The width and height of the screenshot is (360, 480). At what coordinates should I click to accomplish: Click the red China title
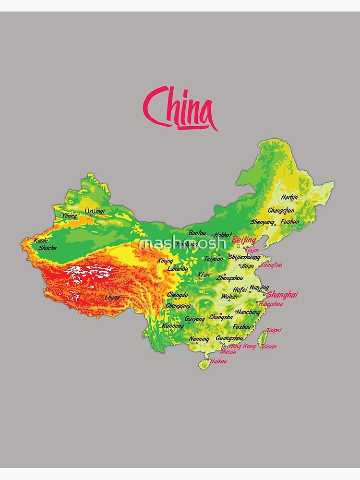pyautogui.click(x=180, y=108)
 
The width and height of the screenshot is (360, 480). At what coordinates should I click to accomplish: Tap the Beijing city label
pyautogui.click(x=244, y=240)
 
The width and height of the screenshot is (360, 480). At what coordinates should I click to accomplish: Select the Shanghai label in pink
pyautogui.click(x=282, y=295)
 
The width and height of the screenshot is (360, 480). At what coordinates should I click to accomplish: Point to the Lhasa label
pyautogui.click(x=112, y=298)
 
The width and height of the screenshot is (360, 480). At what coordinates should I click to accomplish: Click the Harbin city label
pyautogui.click(x=289, y=197)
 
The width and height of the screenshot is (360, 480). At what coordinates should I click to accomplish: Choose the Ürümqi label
pyautogui.click(x=95, y=211)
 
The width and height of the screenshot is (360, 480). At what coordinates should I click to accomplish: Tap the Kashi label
pyautogui.click(x=41, y=240)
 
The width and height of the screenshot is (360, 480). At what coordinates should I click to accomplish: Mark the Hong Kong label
pyautogui.click(x=242, y=346)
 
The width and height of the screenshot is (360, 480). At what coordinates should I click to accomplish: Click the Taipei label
pyautogui.click(x=274, y=330)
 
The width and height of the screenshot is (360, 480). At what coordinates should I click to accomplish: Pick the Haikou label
pyautogui.click(x=218, y=361)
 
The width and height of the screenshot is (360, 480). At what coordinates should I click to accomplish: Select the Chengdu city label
pyautogui.click(x=177, y=295)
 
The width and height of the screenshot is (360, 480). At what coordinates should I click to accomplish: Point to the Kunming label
pyautogui.click(x=173, y=326)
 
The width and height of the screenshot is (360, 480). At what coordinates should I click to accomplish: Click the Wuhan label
pyautogui.click(x=229, y=297)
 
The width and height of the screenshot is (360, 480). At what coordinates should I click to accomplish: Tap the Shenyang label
pyautogui.click(x=262, y=222)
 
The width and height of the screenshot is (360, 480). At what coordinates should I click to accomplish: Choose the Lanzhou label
pyautogui.click(x=178, y=269)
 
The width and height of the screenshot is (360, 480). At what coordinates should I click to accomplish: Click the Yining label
pyautogui.click(x=69, y=216)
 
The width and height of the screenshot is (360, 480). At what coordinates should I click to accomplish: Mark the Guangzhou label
pyautogui.click(x=229, y=338)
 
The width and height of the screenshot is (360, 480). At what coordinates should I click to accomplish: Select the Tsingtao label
pyautogui.click(x=272, y=265)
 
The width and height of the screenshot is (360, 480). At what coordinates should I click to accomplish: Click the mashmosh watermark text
pyautogui.click(x=182, y=243)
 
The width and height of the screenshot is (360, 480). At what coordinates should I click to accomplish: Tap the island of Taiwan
pyautogui.click(x=263, y=340)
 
